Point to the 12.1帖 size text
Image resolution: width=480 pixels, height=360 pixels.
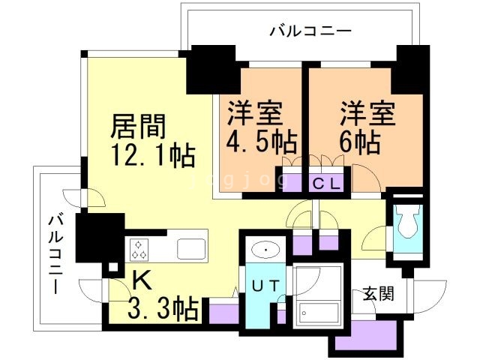[x=154, y=157]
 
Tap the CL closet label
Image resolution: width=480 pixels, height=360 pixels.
[x=326, y=182]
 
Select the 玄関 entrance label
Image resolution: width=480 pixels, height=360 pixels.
[x=377, y=292]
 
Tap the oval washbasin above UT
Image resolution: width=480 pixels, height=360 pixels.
[x=265, y=248]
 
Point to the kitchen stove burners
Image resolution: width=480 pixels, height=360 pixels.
[x=141, y=247]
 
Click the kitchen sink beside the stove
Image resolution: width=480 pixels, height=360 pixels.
[x=187, y=247]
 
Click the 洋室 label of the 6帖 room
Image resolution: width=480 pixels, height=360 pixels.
[x=367, y=114]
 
